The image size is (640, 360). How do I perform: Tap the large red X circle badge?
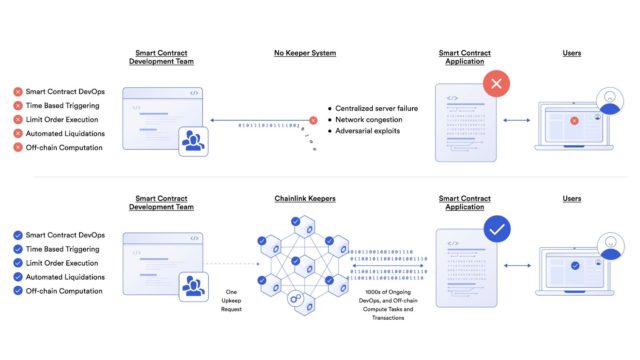pyautogui.click(x=498, y=84)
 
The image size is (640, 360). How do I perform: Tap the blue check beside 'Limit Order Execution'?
pyautogui.click(x=17, y=263)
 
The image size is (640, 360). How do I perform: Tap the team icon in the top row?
pyautogui.click(x=193, y=141)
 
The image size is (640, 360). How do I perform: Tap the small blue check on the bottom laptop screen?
pyautogui.click(x=574, y=267)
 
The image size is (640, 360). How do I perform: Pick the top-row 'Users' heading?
pyautogui.click(x=572, y=53)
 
